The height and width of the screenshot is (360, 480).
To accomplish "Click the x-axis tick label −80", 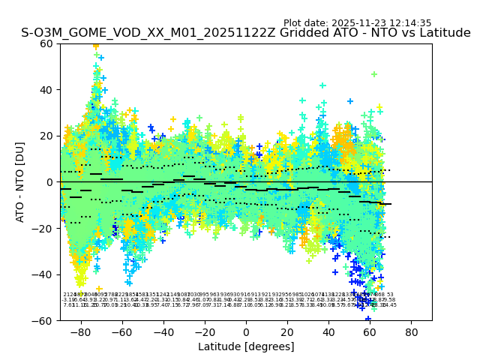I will pos(80,332).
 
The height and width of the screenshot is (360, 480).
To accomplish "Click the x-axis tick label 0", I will pos(246,332).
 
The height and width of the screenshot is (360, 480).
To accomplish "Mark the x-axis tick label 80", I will pos(412,332).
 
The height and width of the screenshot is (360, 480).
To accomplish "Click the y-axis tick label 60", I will pos(46,43).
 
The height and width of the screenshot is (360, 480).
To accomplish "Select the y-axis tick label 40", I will pos(46,90).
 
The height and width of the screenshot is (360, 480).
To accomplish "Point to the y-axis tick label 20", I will pos(46,136).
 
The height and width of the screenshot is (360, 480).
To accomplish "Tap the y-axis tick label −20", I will pos(43,228).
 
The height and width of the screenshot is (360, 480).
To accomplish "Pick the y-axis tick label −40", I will pos(43,274).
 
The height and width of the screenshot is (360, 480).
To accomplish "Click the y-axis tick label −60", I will pos(43,320).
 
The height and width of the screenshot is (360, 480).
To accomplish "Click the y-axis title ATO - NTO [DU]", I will pos(21,182).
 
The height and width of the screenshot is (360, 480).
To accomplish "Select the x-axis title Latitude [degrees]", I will pos(246,346).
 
